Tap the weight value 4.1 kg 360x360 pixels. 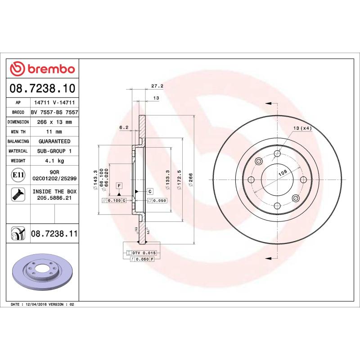54,161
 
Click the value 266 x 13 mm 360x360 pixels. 54,122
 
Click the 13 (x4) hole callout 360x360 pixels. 302,129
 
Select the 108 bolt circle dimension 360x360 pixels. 282,172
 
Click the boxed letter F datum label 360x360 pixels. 119,185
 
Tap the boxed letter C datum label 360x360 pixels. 149,191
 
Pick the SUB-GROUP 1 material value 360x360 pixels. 54,151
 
